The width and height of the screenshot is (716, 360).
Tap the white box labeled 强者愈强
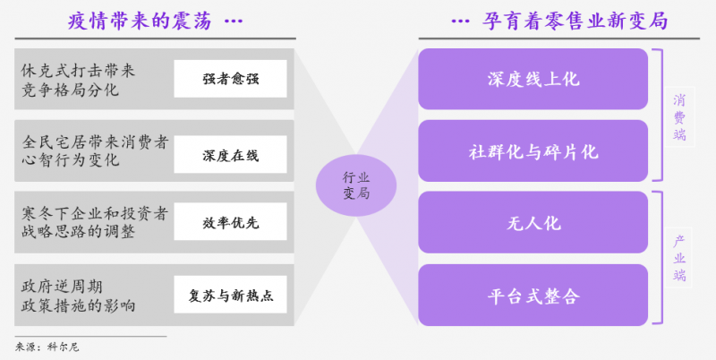point(230,78)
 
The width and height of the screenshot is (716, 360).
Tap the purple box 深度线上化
point(533,79)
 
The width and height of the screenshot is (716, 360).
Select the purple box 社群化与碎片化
point(533,150)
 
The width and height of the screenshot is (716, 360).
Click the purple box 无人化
point(533,223)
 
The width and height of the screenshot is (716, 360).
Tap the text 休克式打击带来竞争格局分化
point(81,79)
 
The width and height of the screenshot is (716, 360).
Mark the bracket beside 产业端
point(659,258)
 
